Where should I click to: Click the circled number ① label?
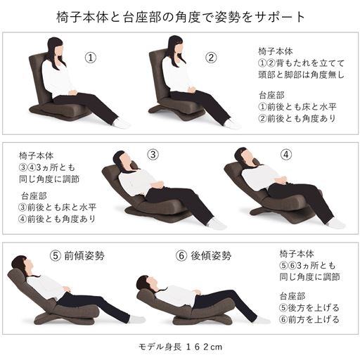(90, 56)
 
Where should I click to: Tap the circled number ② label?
(210, 57)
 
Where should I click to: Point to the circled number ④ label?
(285, 155)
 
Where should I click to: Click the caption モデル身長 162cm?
(179, 347)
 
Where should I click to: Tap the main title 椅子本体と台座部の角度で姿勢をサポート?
(180, 16)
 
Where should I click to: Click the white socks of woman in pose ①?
(122, 124)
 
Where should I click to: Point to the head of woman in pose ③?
(124, 160)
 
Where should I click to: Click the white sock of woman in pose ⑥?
(262, 319)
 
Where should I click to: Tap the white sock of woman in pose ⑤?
(137, 319)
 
